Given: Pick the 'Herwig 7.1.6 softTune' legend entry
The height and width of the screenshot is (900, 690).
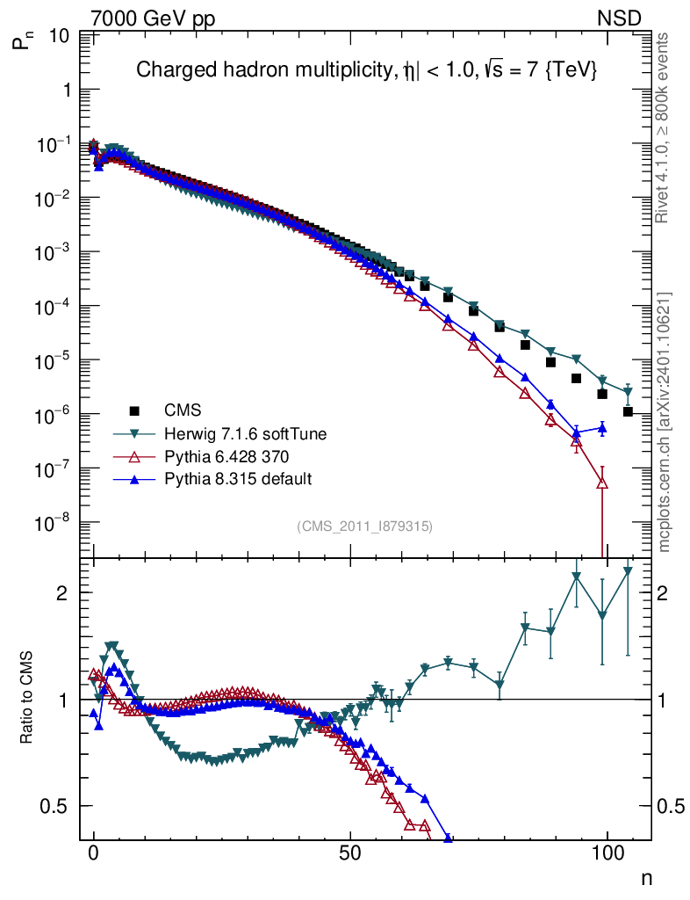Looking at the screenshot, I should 228,433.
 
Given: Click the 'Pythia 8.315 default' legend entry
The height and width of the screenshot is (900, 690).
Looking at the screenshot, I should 225,479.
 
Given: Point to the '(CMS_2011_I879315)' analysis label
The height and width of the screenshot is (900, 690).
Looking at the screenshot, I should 364,526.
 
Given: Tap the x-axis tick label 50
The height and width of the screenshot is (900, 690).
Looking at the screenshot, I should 350,854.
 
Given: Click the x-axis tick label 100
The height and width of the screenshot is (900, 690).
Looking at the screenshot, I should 607,854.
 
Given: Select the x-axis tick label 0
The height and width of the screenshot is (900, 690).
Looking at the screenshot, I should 94,854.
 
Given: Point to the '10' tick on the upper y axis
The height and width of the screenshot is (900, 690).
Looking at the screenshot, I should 61,36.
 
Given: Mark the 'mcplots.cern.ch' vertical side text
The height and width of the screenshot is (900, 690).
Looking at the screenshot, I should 665,422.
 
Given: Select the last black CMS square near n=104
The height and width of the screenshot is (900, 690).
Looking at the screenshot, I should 628,411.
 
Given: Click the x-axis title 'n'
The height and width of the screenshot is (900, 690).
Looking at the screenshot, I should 646,877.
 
